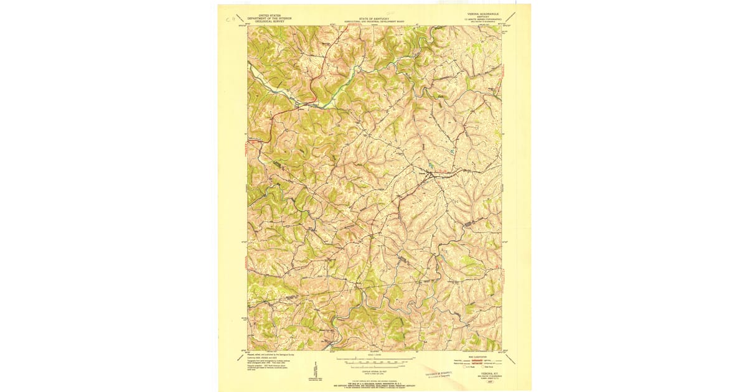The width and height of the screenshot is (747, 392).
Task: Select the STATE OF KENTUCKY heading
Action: click(374, 19)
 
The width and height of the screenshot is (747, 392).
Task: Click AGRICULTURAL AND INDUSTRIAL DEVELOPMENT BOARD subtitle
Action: click(374, 22)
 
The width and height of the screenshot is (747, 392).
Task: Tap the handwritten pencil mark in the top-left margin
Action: click(230, 19)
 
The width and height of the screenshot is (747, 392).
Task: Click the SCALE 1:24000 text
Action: click(374, 355)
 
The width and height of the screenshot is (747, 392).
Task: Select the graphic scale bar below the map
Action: click(374, 360)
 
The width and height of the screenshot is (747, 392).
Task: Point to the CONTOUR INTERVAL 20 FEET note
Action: click(374, 370)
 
